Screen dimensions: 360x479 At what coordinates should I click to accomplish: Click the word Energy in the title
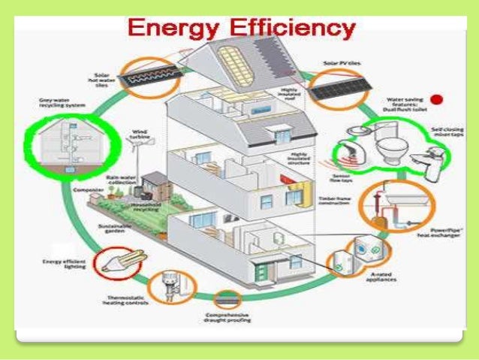point(173,29)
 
